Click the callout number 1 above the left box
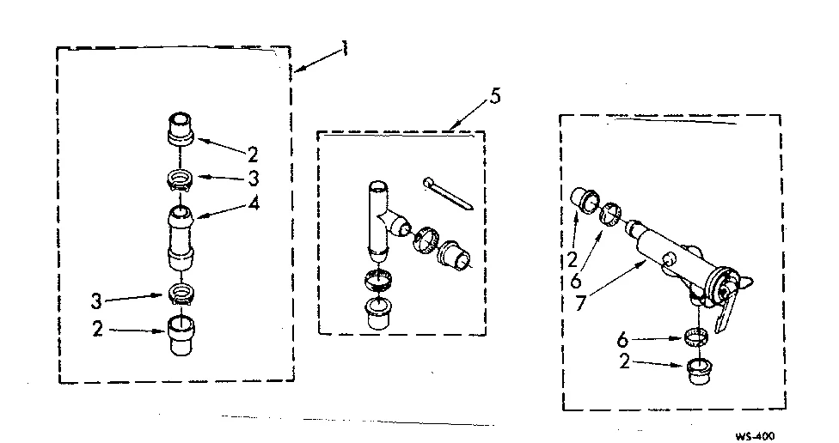[x=344, y=48]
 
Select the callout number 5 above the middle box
[x=493, y=96]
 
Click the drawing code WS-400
[x=754, y=436]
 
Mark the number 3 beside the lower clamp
[x=97, y=300]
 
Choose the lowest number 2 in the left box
[x=97, y=329]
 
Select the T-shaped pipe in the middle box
[x=378, y=221]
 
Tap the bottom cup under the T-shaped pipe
[x=376, y=313]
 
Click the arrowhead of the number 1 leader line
[x=294, y=72]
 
